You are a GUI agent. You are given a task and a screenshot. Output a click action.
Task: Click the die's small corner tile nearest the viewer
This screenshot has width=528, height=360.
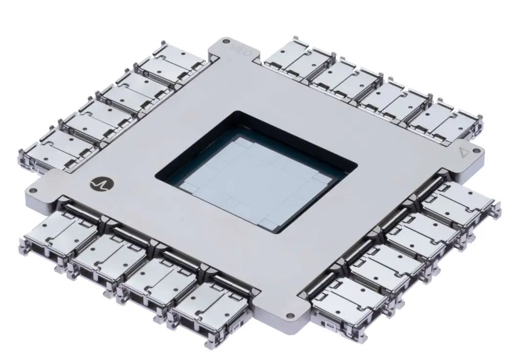[x=268, y=224]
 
